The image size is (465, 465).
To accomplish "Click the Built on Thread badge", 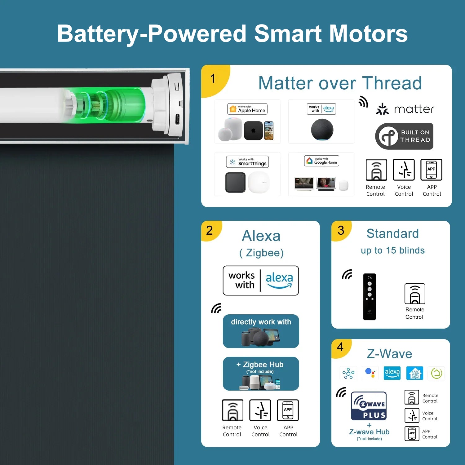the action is (x=404, y=136).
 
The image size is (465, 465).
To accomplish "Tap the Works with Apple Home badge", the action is (x=247, y=109).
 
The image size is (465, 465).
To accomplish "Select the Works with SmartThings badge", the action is (x=247, y=162).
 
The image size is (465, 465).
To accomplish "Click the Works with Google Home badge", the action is (x=321, y=161).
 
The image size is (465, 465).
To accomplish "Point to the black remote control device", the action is (x=370, y=297).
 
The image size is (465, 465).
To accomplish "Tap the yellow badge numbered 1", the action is (x=215, y=80).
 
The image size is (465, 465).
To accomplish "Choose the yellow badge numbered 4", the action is (x=341, y=348).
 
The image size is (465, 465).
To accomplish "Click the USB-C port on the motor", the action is (x=178, y=119).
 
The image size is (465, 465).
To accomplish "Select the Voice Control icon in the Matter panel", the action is (x=404, y=170).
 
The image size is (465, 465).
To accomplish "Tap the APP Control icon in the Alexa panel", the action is (x=288, y=410).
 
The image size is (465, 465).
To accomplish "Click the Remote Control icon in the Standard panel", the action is (x=415, y=294).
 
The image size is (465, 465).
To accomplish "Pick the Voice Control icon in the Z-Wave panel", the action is (x=412, y=415).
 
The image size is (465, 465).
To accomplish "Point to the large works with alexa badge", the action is (x=261, y=281).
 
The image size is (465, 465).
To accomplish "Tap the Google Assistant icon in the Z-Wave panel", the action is (x=370, y=373).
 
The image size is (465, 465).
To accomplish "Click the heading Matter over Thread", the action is (x=340, y=83).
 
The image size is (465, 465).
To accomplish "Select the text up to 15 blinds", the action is (x=393, y=250).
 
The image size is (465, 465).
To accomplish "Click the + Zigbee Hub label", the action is (x=260, y=365).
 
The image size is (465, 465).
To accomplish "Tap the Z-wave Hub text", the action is (x=369, y=432).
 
